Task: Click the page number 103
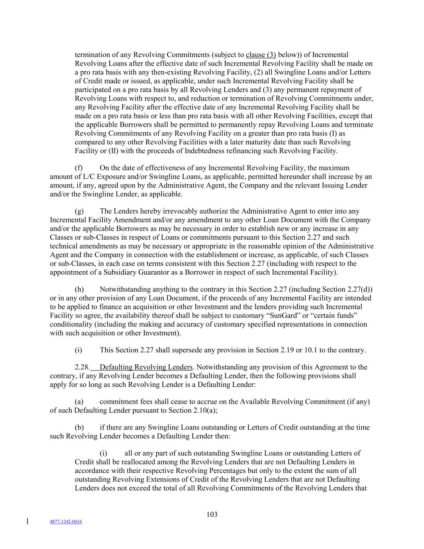[212, 514]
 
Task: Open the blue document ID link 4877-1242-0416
[66, 522]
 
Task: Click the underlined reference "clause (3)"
[261, 55]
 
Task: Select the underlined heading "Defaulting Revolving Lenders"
[146, 367]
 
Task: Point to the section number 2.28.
[82, 367]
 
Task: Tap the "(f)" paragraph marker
[79, 168]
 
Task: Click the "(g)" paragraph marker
[79, 211]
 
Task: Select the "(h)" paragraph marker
[79, 289]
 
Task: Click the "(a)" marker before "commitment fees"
[79, 401]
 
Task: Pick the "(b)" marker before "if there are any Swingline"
[79, 427]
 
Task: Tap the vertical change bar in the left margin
[27, 521]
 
